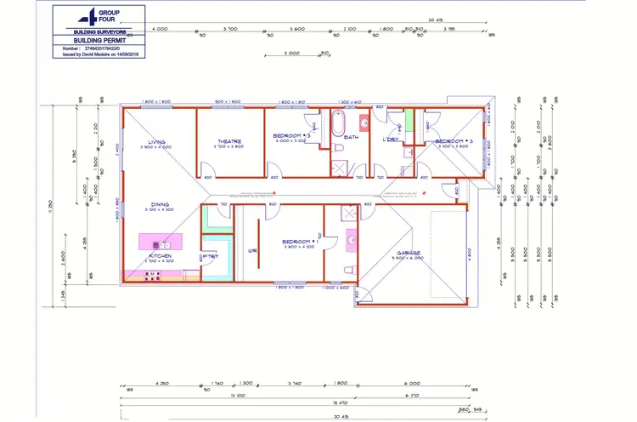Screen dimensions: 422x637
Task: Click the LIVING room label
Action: click(x=156, y=142)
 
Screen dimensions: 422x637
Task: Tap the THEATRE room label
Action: click(x=228, y=142)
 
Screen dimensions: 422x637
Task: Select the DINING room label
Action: click(x=160, y=204)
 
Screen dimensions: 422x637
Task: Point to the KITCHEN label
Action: click(x=161, y=256)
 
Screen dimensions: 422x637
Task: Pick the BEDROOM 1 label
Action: click(x=299, y=241)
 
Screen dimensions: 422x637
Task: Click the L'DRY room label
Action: click(x=391, y=139)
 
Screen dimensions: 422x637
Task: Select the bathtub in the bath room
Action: click(x=336, y=124)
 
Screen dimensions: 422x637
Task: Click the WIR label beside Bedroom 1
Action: click(x=251, y=251)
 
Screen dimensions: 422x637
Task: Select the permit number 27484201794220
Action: click(x=110, y=48)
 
